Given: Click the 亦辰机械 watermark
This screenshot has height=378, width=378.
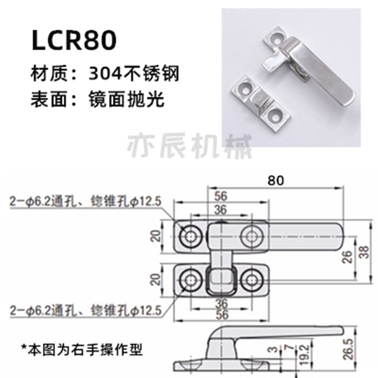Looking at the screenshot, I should pyautogui.click(x=191, y=144).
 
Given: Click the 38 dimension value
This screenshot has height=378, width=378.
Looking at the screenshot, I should pyautogui.click(x=361, y=254).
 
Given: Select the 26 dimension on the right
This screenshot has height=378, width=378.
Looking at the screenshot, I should pyautogui.click(x=346, y=257).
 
